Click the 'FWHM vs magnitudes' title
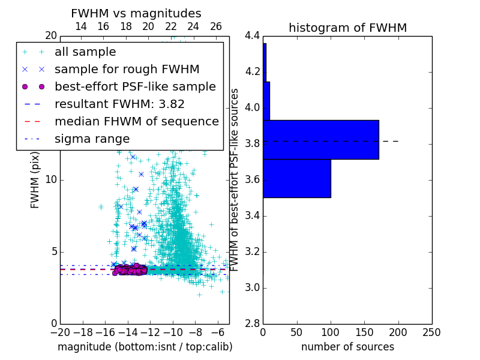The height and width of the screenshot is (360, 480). tap(136, 13)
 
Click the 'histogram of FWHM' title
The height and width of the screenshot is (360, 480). tap(347, 28)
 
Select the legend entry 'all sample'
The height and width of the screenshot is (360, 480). tap(85, 52)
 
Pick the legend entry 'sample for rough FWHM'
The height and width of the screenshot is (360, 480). tap(127, 69)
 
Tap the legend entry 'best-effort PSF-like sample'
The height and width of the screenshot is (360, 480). tap(135, 86)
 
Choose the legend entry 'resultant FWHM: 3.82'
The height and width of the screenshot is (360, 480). tap(119, 104)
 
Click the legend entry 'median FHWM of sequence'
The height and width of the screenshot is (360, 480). tap(136, 121)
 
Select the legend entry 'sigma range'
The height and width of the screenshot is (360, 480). tap(92, 139)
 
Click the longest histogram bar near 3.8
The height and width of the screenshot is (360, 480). tap(320, 139)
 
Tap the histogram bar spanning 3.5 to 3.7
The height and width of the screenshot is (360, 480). tap(296, 178)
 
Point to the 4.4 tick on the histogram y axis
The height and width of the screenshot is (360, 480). tap(252, 36)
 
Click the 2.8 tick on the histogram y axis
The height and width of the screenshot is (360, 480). tap(252, 324)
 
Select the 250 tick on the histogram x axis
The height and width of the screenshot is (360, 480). tap(431, 332)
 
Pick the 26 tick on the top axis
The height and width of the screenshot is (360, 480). tap(216, 26)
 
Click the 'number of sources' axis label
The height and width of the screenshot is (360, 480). tap(347, 347)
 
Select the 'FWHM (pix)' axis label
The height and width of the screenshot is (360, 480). tap(35, 179)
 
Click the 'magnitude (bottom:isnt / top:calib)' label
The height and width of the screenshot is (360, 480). tap(145, 347)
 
